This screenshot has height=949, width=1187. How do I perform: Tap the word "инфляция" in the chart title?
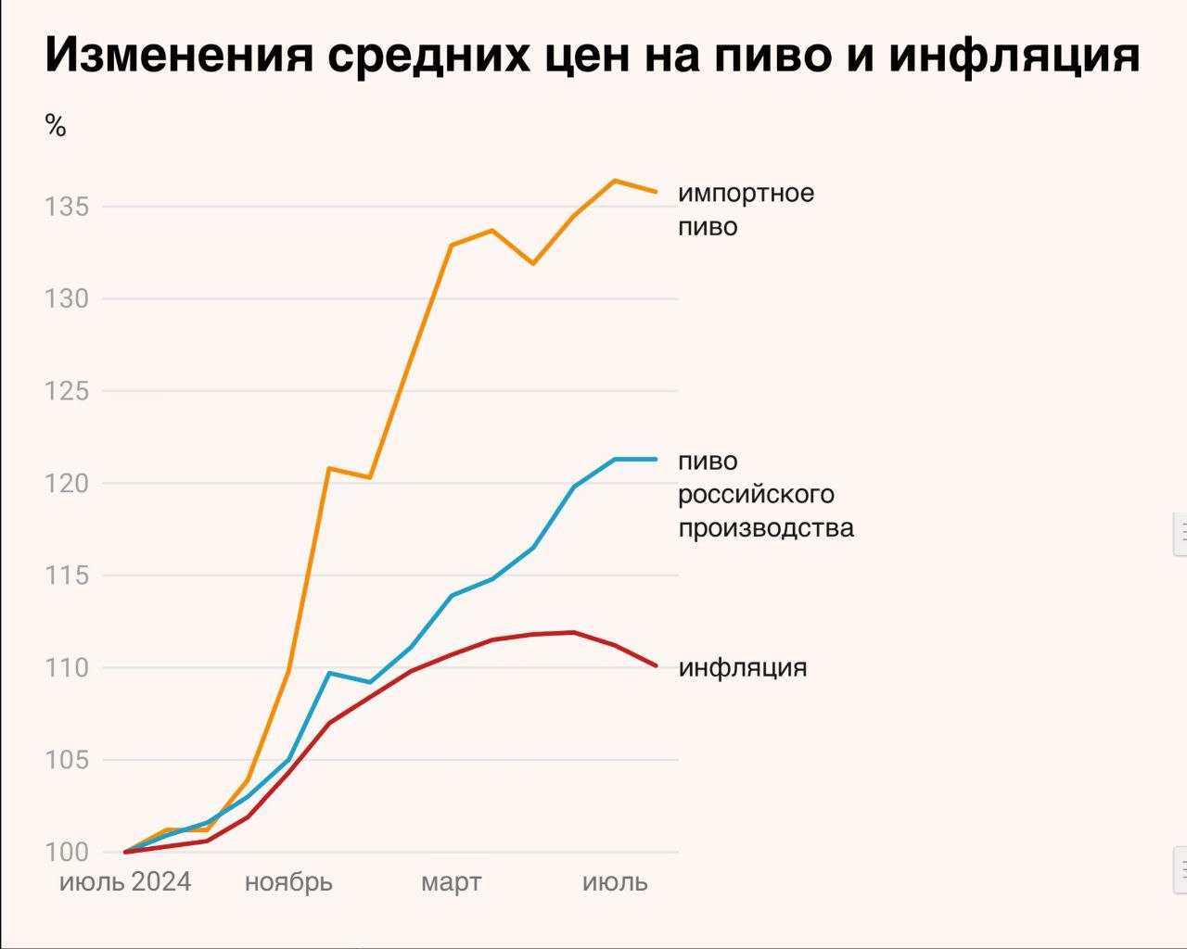click(1014, 55)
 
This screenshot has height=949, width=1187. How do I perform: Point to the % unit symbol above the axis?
click(56, 126)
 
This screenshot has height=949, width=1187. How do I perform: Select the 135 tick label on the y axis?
click(67, 207)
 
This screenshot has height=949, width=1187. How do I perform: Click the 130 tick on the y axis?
click(67, 298)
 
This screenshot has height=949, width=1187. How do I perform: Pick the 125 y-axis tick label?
click(67, 391)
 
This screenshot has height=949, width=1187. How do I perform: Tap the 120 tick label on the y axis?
click(67, 483)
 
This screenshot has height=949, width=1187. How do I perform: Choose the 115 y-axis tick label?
click(67, 576)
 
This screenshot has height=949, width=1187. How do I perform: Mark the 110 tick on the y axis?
click(67, 667)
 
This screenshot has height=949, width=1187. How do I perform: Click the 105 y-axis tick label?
click(67, 760)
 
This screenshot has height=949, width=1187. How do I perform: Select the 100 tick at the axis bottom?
click(67, 852)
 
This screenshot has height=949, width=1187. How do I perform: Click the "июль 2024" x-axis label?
click(125, 881)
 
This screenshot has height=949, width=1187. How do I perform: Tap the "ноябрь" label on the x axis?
click(288, 881)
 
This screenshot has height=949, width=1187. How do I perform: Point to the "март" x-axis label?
click(452, 881)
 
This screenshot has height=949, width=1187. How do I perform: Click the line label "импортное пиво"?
click(746, 209)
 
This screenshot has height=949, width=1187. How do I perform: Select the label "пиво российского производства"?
click(765, 494)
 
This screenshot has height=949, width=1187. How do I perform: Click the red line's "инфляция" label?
click(743, 667)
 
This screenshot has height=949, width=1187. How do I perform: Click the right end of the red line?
click(656, 664)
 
